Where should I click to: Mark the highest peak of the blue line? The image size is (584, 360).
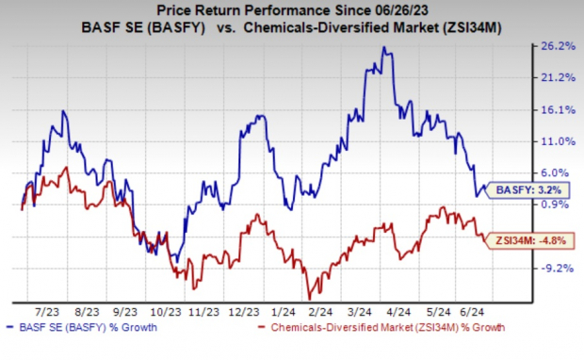click(383, 47)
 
